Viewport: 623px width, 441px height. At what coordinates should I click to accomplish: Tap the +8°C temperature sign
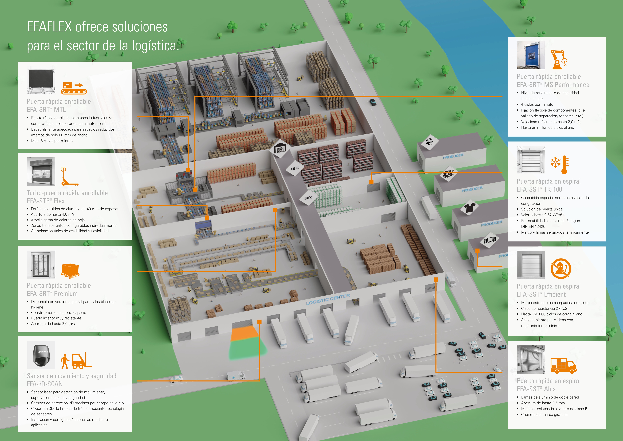tap(295, 168)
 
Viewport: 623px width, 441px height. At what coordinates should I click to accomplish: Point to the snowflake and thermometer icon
tap(559, 165)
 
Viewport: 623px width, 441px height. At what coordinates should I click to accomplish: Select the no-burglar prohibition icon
tap(561, 269)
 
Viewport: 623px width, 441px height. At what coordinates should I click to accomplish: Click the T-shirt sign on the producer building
tap(469, 208)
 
